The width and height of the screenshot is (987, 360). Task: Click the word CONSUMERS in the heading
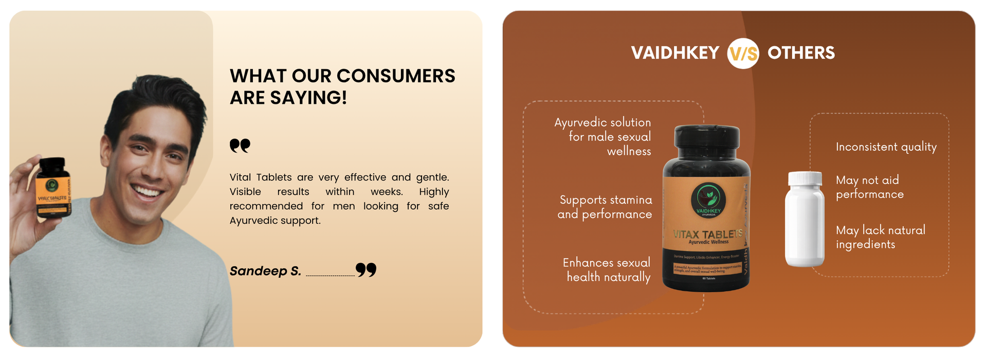(373, 76)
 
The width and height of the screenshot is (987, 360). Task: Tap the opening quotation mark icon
(240, 146)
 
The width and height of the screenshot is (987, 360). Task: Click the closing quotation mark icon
(366, 269)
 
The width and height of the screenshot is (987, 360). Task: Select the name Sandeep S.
(265, 271)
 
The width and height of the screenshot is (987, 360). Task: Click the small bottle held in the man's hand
(53, 188)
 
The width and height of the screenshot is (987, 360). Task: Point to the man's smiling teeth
(148, 192)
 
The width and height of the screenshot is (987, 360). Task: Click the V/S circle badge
(743, 53)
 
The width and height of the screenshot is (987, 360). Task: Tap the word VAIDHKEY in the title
(675, 53)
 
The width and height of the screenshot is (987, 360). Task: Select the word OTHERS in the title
(801, 53)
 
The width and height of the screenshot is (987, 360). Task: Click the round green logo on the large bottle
(708, 198)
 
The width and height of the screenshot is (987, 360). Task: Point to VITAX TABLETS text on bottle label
(708, 234)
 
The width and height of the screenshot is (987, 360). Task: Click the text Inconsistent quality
(886, 147)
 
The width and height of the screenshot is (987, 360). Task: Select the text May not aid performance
(869, 187)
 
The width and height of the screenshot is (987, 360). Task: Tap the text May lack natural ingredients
(880, 237)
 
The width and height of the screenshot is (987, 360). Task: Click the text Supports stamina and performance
(605, 207)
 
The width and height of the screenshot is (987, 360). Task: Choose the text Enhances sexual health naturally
(607, 270)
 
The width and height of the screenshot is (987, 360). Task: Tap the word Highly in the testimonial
(434, 192)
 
